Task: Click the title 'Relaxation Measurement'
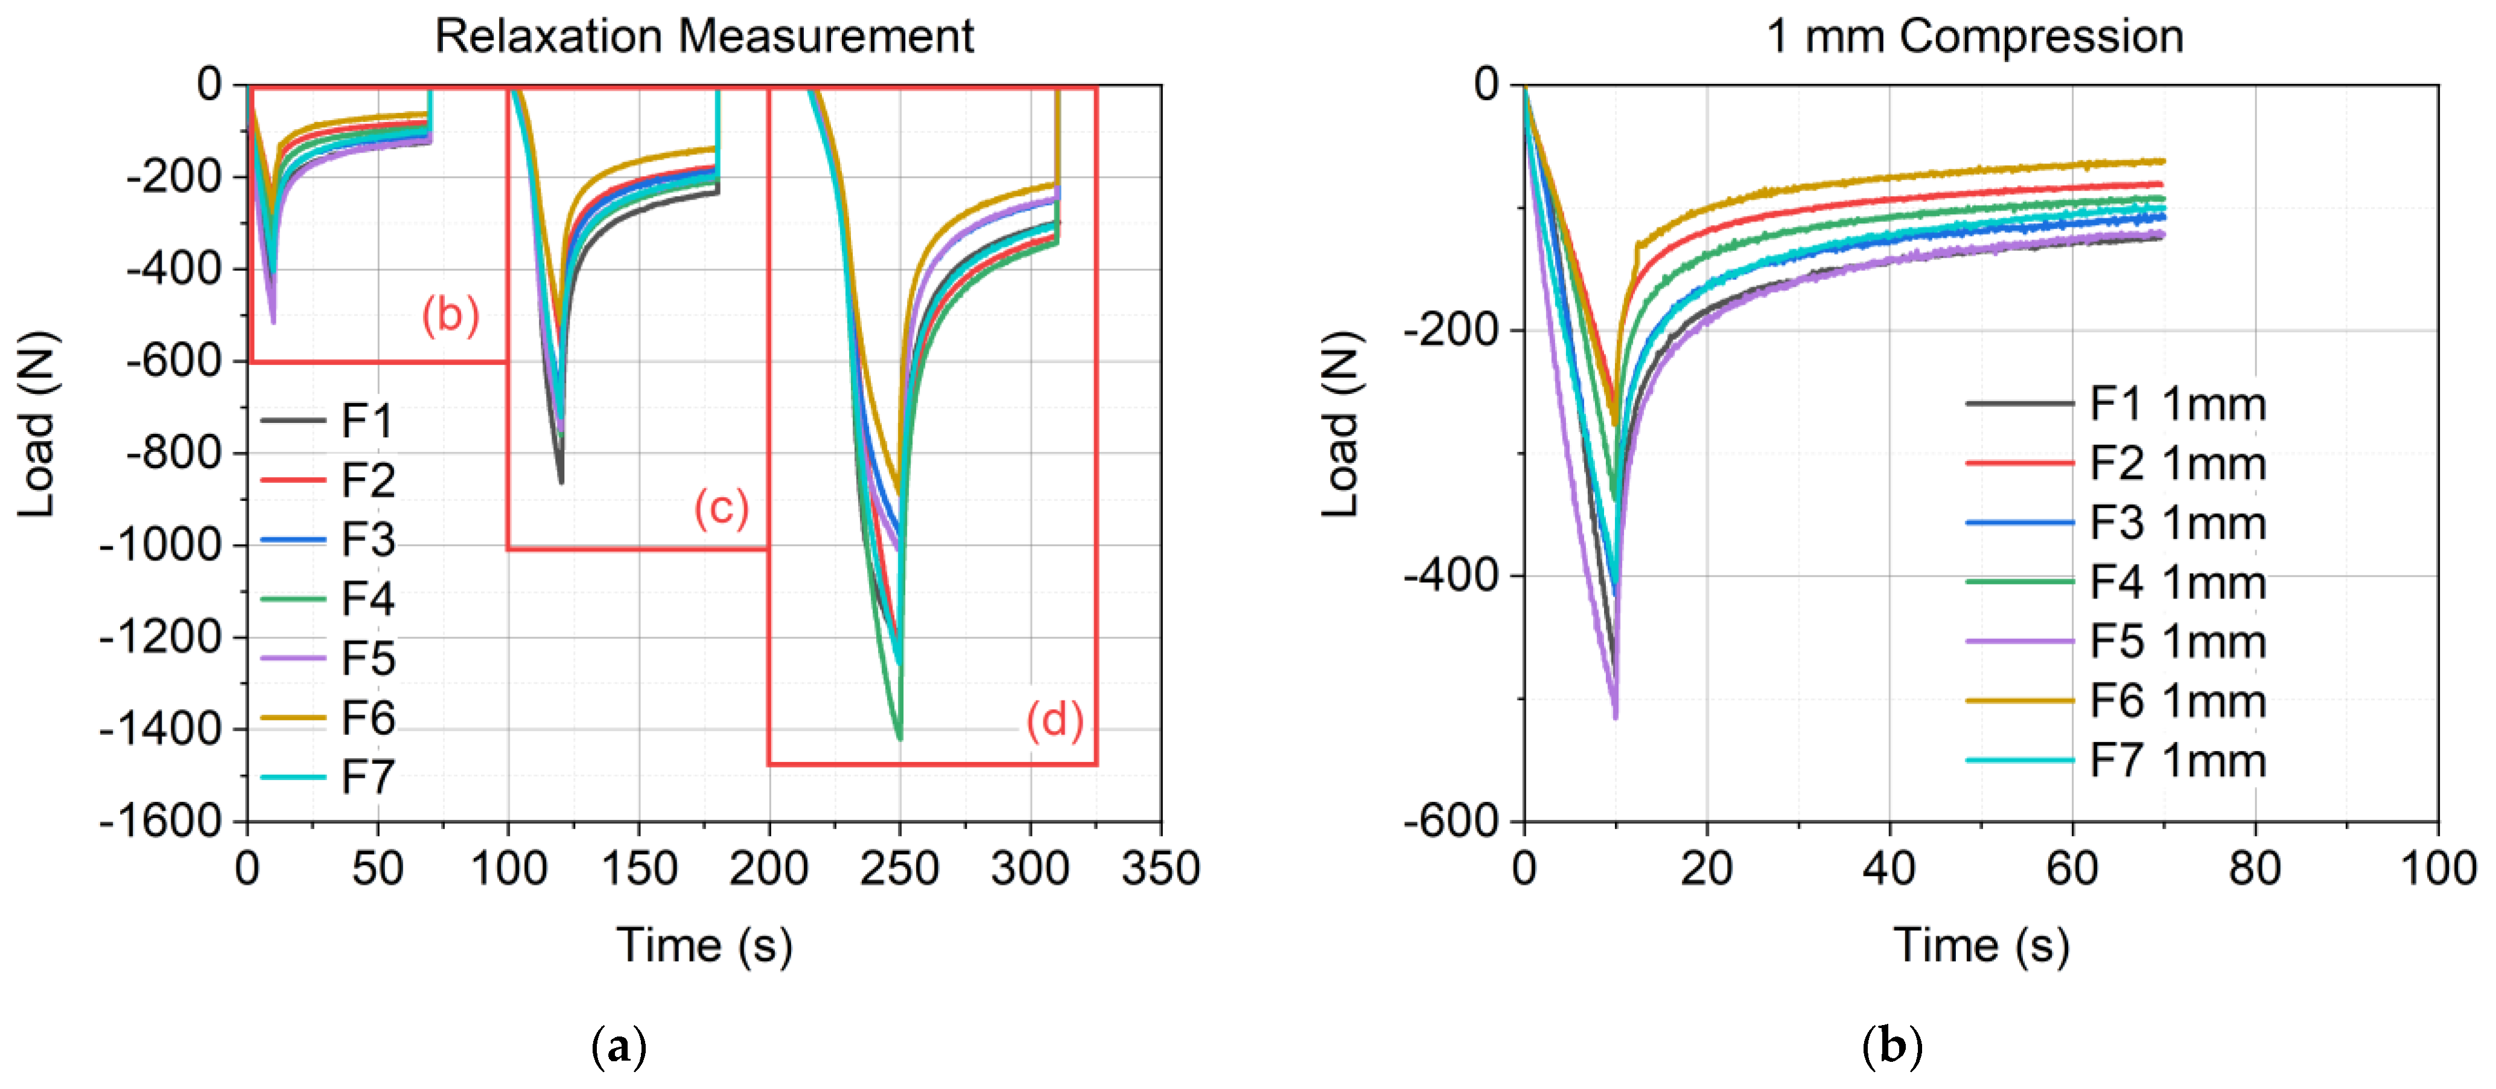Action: pos(704,37)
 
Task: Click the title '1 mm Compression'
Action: pos(1975,37)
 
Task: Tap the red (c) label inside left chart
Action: pos(721,507)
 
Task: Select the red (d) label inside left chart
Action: pos(1054,720)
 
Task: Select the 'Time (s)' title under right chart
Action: pos(1981,945)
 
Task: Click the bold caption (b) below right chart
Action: pos(1891,1047)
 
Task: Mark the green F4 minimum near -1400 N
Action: pos(900,738)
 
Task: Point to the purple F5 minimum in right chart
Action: pos(1616,717)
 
